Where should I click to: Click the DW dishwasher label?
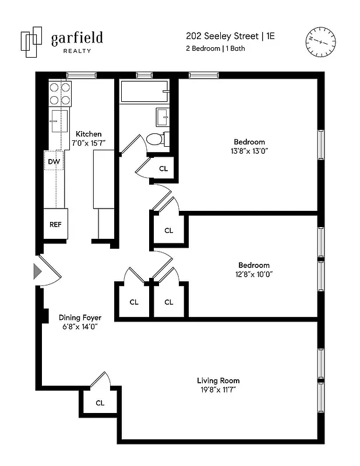54,161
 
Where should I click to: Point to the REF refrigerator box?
55,224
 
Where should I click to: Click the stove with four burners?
59,94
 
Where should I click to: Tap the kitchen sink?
57,122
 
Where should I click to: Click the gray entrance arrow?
37,271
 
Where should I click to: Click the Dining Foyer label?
80,317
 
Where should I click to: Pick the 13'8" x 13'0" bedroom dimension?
249,151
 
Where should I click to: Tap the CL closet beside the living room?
100,403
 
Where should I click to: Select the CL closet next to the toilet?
163,169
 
